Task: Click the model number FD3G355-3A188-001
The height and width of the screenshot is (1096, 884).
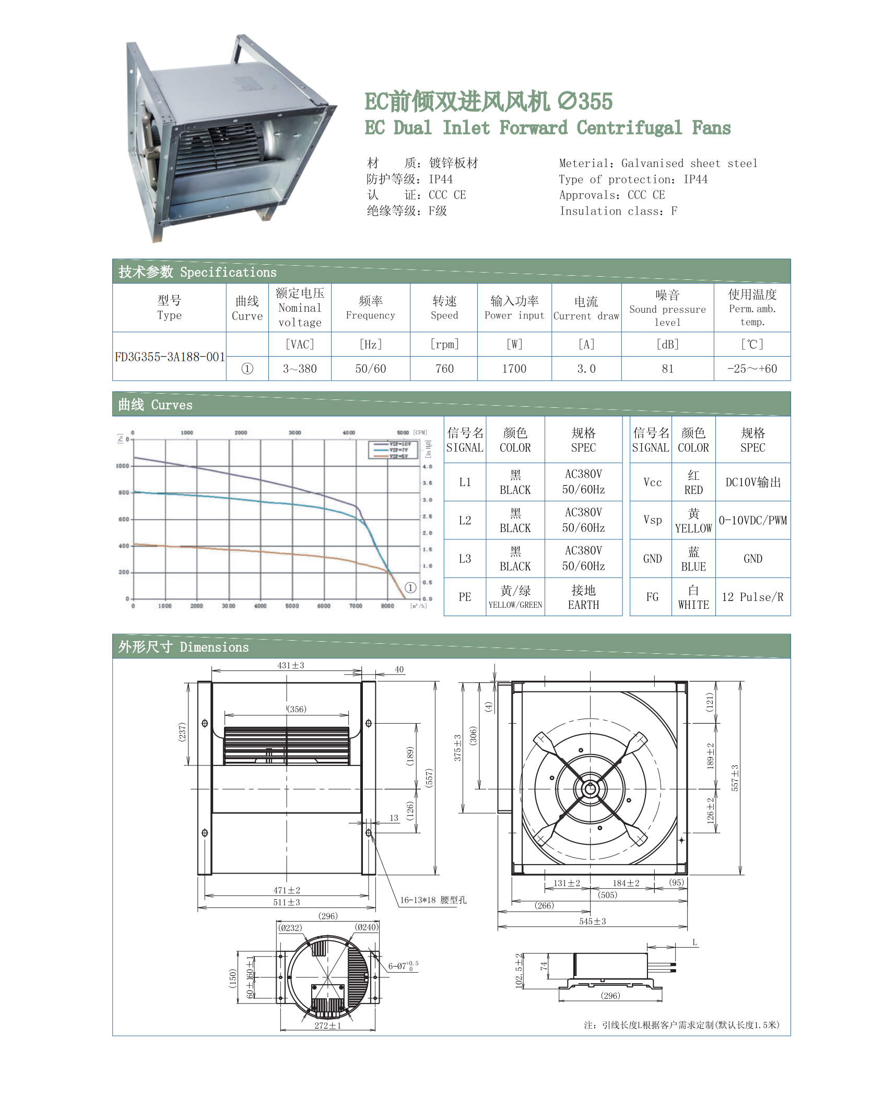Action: tap(170, 357)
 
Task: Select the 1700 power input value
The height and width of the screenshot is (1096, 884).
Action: tap(514, 369)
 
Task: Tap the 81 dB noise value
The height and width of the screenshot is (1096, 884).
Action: tap(667, 369)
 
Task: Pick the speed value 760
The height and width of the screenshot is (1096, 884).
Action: tap(444, 369)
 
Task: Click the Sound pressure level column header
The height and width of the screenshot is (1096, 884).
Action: tap(667, 309)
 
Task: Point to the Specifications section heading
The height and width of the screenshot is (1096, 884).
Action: tap(197, 272)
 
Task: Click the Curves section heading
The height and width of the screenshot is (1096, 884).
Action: tap(155, 405)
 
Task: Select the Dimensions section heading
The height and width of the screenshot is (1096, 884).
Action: tap(183, 647)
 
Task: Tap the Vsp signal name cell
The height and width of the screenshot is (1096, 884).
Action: tap(652, 520)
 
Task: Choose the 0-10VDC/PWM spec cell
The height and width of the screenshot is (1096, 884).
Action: tap(752, 521)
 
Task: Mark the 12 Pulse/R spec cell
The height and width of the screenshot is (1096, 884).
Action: tap(752, 597)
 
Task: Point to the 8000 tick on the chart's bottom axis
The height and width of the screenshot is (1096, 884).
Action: tap(387, 606)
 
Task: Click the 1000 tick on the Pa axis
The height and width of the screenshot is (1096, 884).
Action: tap(123, 466)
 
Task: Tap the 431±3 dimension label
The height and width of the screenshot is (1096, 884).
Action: tap(291, 666)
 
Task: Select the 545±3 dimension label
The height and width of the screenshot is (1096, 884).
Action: tap(593, 922)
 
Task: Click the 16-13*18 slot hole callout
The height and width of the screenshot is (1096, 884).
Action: tap(433, 900)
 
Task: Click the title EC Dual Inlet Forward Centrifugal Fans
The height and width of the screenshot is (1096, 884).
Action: tap(547, 128)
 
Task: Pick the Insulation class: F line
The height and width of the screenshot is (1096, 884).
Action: tap(618, 211)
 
